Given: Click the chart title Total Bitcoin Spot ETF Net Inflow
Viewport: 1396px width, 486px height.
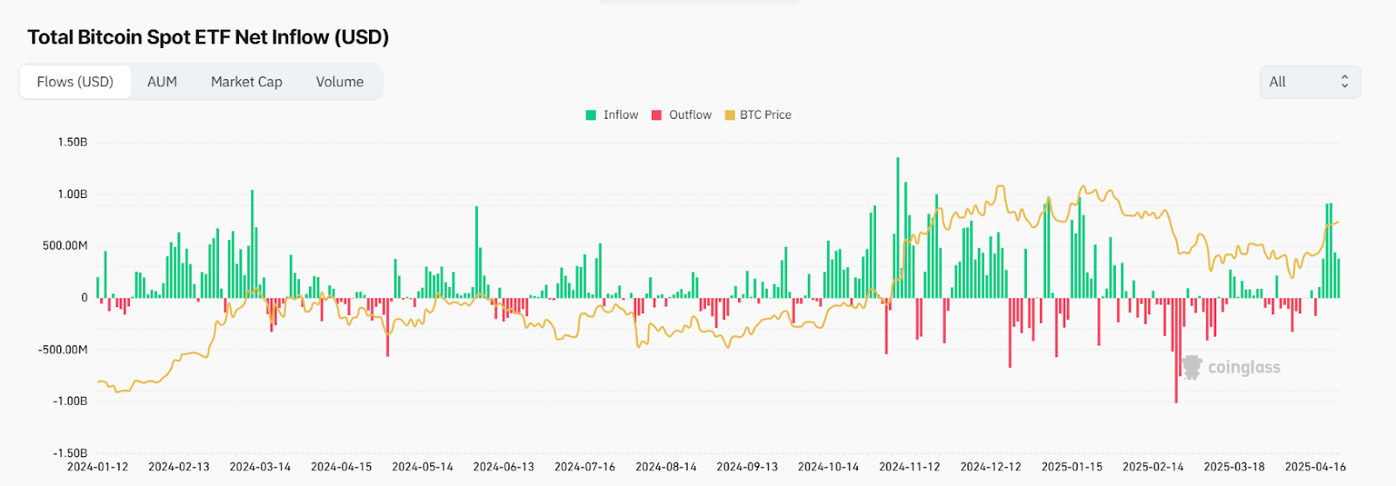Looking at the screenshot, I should click(208, 38).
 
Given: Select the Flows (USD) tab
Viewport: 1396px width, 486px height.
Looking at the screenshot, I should click(75, 82).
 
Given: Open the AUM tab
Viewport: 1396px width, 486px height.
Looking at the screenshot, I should click(162, 82).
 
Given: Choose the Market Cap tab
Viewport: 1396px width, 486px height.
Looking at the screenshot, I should click(246, 82).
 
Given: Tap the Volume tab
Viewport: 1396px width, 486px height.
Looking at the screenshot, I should click(339, 82).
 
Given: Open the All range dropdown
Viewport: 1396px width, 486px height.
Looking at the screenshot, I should click(1310, 82).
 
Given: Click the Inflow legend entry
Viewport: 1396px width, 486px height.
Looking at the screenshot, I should click(612, 115).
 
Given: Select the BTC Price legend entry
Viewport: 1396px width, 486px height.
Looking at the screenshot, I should click(758, 115).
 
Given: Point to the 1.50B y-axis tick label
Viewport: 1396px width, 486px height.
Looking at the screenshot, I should click(72, 142).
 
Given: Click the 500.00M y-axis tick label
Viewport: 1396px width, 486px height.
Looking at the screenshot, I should click(65, 246).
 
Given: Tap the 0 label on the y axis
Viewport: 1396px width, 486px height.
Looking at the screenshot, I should click(85, 298).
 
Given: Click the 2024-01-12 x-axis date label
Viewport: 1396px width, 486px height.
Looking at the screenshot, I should click(98, 467).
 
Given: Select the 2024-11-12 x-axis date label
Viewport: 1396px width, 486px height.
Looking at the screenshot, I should click(909, 467).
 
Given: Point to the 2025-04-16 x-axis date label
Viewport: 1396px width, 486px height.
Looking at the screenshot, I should click(1315, 467).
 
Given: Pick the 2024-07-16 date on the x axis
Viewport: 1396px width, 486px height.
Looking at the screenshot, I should click(585, 467).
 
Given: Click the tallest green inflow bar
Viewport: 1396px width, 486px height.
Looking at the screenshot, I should click(898, 227).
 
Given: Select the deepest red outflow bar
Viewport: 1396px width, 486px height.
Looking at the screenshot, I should click(1176, 350).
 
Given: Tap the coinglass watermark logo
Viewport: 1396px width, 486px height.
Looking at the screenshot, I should click(1231, 367).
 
